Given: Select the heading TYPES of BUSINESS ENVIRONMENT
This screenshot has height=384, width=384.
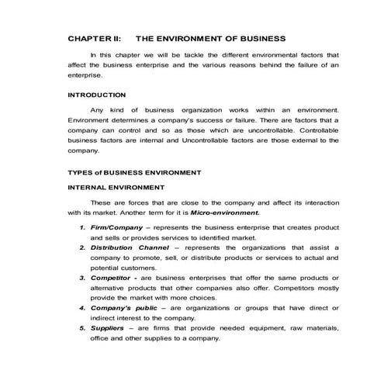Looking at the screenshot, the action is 134,171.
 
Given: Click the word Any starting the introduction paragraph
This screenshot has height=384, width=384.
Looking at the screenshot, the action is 97,112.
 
